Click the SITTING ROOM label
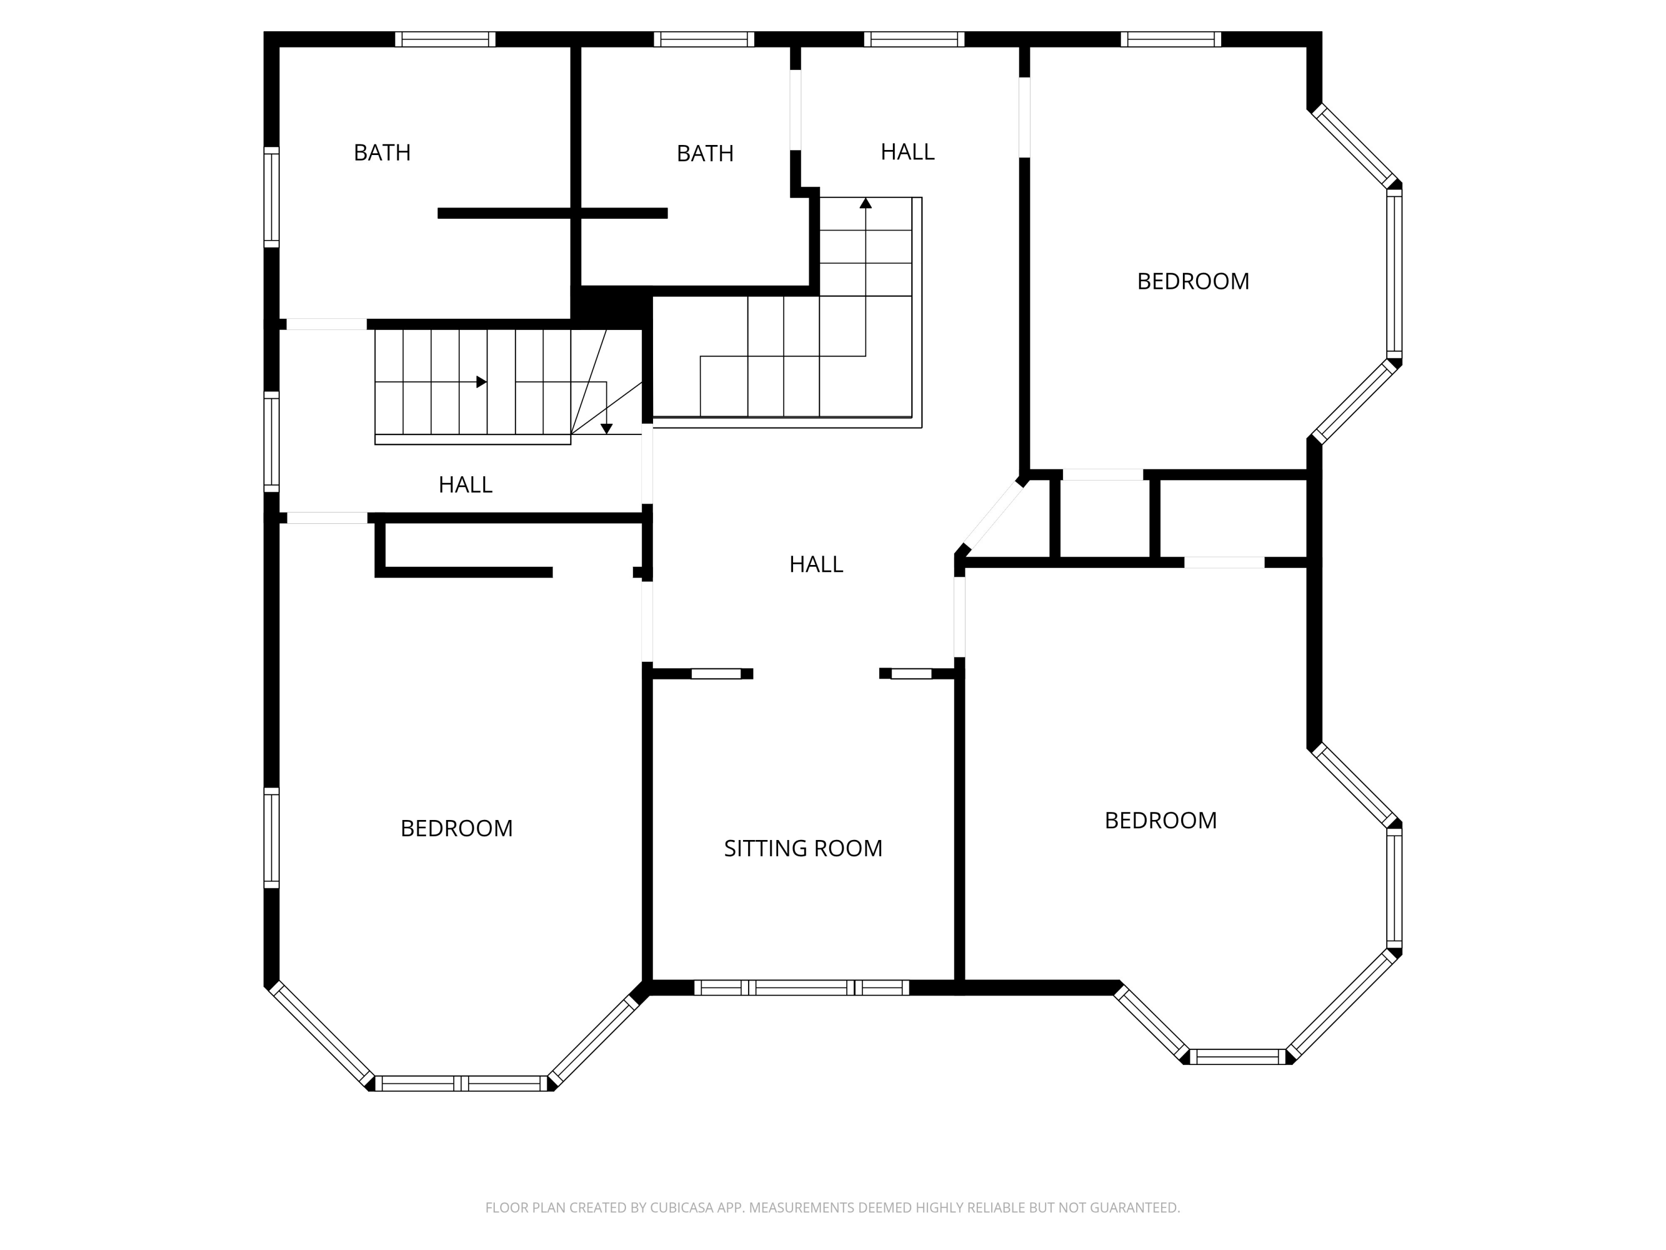tap(803, 848)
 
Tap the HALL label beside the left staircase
tap(465, 484)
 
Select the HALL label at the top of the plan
tap(907, 152)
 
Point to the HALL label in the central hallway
tap(816, 564)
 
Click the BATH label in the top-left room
tap(382, 153)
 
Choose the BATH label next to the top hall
tap(705, 154)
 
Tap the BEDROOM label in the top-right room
tap(1193, 282)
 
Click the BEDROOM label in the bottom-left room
tap(456, 829)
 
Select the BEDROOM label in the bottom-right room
tap(1161, 821)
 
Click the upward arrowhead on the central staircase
tap(865, 203)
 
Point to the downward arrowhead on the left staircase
tap(606, 429)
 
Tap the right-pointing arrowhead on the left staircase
tap(481, 382)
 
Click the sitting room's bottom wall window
tap(801, 987)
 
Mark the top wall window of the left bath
tap(445, 39)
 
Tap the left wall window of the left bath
tap(271, 197)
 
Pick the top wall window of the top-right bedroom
tap(1171, 39)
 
